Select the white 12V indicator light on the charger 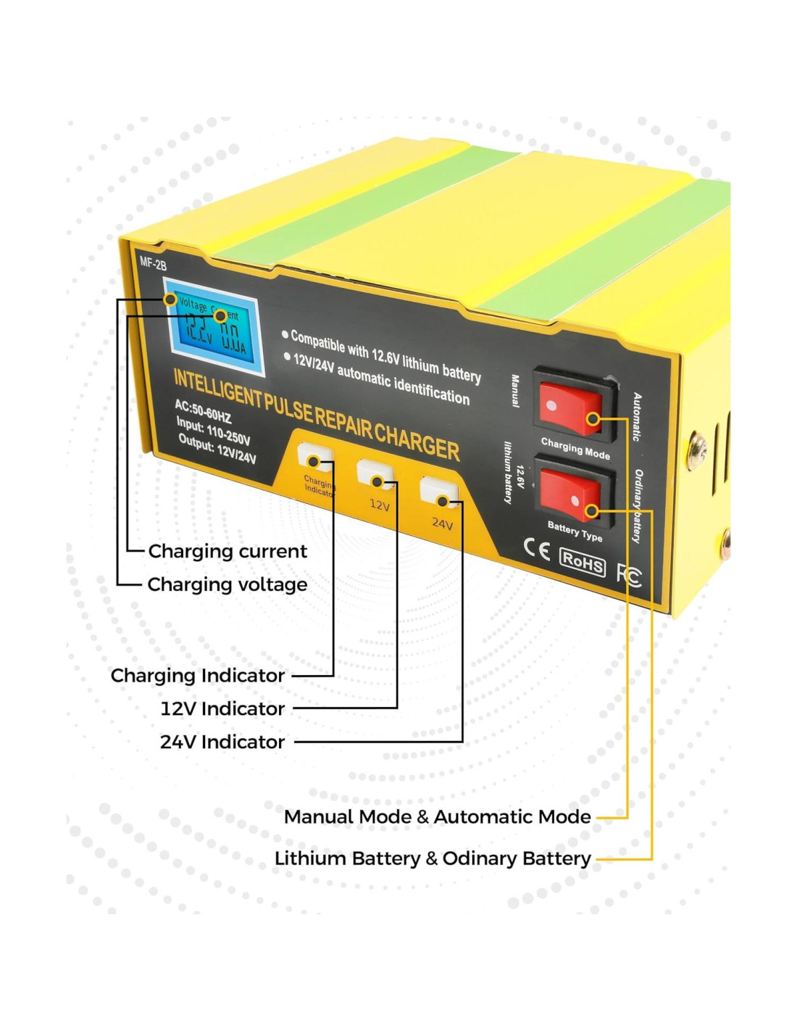[376, 475]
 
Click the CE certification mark [537, 550]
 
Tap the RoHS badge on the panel [583, 561]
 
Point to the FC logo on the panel [629, 575]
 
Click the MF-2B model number [153, 263]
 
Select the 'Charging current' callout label [228, 552]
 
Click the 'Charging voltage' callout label [228, 585]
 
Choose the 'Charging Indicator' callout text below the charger [198, 676]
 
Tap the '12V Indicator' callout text [222, 709]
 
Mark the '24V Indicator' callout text [222, 742]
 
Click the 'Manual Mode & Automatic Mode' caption [437, 817]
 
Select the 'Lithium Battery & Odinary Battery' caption [433, 858]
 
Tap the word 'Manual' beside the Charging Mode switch [515, 391]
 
